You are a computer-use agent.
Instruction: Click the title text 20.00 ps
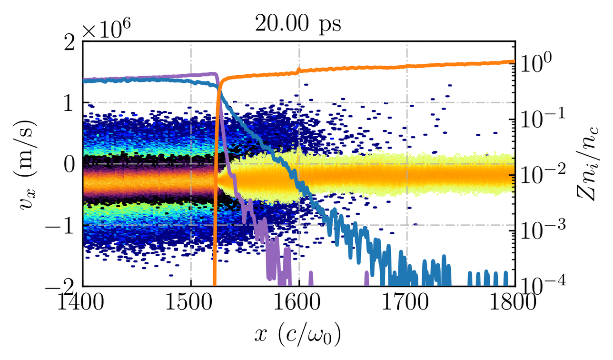point(298,24)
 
